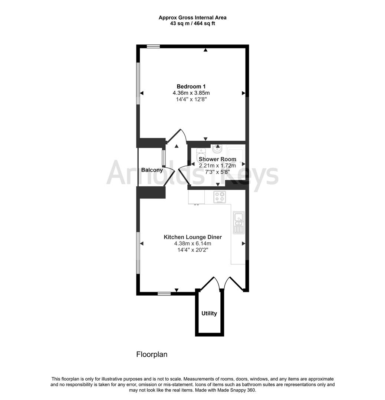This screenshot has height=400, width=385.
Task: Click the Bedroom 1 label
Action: (x=191, y=86)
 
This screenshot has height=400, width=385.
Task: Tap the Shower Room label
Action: (x=217, y=159)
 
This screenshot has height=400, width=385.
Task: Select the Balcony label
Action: (x=152, y=170)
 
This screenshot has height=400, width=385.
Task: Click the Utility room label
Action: (x=209, y=313)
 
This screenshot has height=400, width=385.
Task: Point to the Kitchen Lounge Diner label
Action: (x=192, y=237)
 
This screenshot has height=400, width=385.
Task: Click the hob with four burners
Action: (x=219, y=197)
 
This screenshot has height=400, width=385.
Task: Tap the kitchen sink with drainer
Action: (x=238, y=223)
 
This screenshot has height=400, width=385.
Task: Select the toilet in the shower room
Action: (x=201, y=153)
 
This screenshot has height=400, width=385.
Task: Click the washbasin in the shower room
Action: (x=217, y=150)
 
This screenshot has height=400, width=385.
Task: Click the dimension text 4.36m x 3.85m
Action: (x=191, y=93)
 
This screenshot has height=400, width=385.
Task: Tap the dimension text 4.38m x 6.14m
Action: (x=192, y=244)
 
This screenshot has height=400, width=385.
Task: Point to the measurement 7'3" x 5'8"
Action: (x=217, y=172)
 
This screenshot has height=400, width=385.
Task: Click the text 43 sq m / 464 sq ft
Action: (x=192, y=23)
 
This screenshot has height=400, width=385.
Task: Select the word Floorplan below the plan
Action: (x=152, y=354)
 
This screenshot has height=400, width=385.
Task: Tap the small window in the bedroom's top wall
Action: (x=153, y=46)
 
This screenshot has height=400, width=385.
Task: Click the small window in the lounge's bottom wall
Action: (x=164, y=294)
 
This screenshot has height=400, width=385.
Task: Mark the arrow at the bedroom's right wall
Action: (x=244, y=93)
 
